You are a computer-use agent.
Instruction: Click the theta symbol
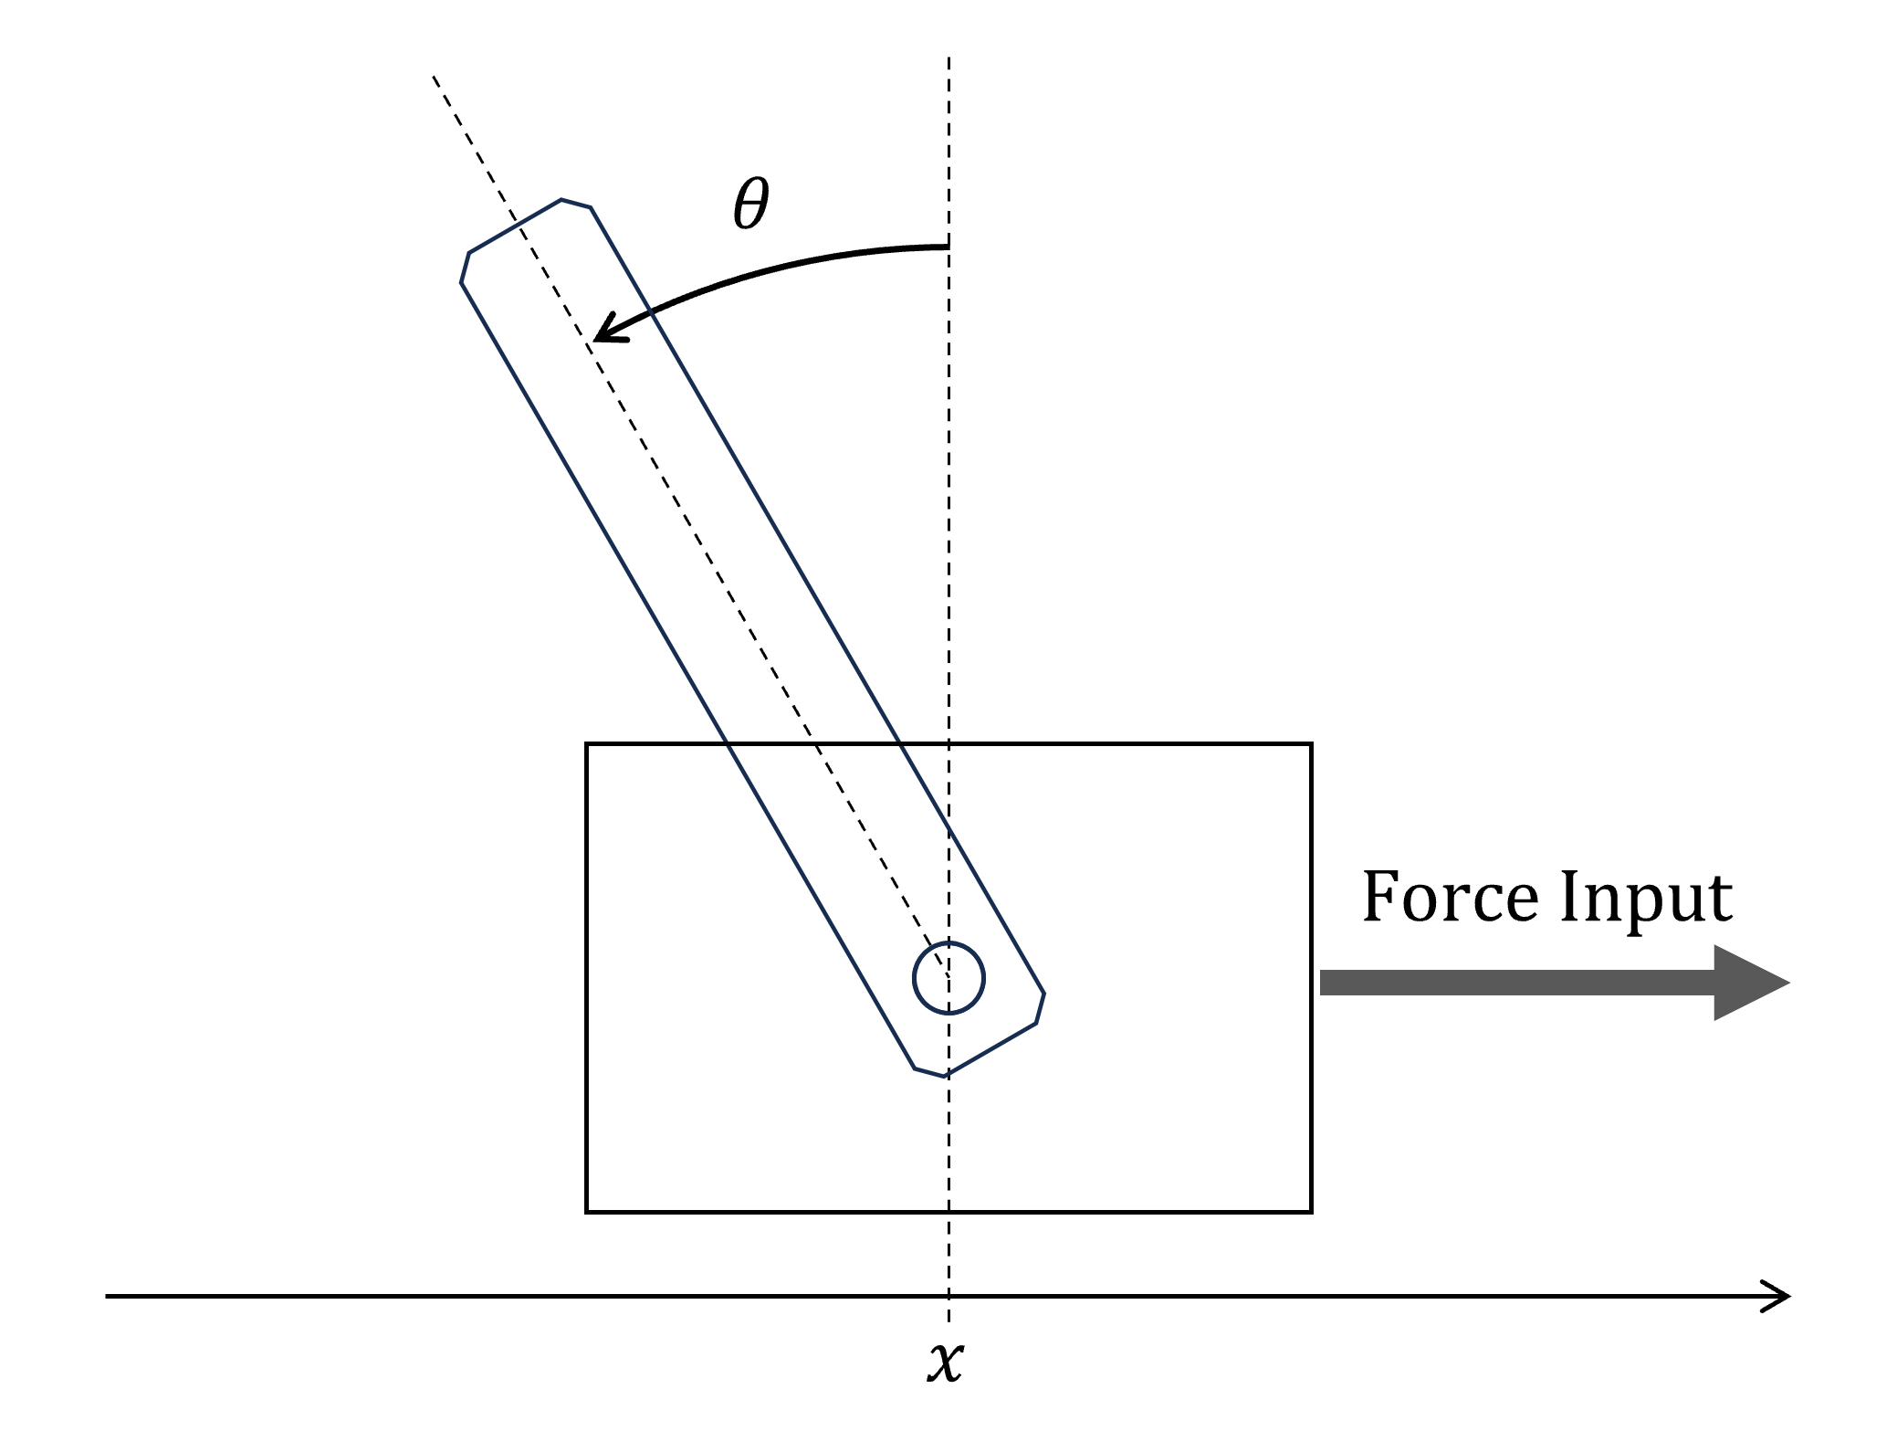click(x=750, y=204)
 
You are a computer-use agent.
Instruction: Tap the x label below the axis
click(x=946, y=1362)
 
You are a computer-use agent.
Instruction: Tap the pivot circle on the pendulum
click(x=949, y=978)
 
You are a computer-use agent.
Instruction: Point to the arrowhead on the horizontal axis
click(x=1780, y=1296)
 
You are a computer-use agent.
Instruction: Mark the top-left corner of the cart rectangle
click(x=587, y=744)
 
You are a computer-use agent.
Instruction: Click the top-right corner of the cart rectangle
click(x=1311, y=744)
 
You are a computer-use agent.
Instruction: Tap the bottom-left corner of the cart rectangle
click(x=587, y=1212)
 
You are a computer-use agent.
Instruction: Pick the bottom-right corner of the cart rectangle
click(x=1311, y=1212)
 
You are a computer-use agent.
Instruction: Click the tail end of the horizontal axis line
click(x=108, y=1296)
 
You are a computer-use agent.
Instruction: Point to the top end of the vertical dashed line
click(x=949, y=59)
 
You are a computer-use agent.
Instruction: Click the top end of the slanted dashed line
click(x=434, y=77)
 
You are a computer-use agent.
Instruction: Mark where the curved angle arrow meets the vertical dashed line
click(x=948, y=247)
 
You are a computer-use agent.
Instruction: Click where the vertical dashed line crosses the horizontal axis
click(x=949, y=1296)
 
